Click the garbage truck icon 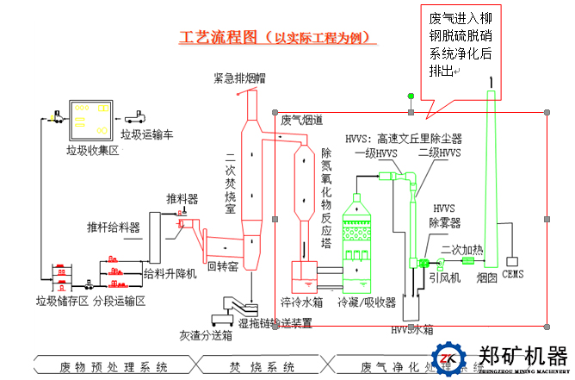click(x=137, y=115)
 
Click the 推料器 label click(x=182, y=199)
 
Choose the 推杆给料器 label click(x=113, y=227)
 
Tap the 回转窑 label click(x=222, y=266)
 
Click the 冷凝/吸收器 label click(x=366, y=303)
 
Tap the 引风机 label click(x=446, y=277)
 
